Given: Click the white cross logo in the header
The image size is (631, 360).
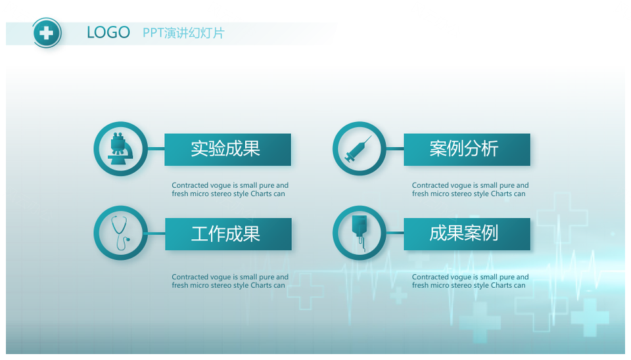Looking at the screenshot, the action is (47, 33).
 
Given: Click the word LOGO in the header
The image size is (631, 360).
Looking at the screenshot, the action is (108, 33).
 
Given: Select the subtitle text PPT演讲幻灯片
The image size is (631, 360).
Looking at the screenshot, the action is (183, 33).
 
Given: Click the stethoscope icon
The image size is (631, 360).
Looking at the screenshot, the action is (120, 233).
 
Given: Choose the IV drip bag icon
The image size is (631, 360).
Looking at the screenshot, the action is (360, 233).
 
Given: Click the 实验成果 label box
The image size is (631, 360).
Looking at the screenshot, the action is (228, 149).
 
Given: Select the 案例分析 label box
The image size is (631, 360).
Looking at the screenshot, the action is (467, 149).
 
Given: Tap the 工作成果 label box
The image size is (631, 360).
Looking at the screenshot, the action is (228, 234).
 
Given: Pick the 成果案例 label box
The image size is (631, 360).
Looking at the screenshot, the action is (467, 234).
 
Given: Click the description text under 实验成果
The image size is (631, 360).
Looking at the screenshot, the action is (230, 189).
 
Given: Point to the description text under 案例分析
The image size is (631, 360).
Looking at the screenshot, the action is (470, 189).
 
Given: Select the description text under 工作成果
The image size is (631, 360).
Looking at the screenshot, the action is (230, 281).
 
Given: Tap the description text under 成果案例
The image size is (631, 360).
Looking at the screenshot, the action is (470, 281).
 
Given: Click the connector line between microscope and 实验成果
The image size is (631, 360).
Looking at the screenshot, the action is (156, 149).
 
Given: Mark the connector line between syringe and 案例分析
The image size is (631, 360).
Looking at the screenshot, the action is (395, 149).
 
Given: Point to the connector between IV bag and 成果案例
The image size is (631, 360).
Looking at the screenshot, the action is (395, 233).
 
